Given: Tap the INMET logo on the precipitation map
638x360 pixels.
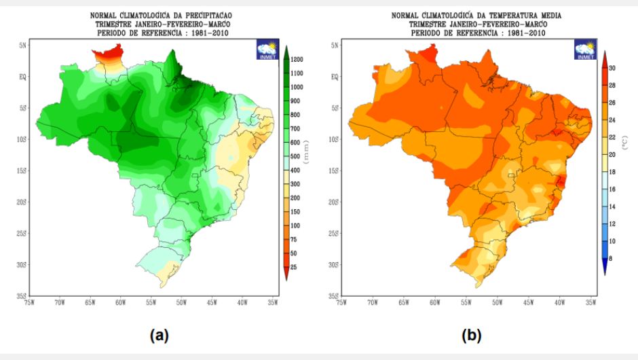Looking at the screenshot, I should click(x=267, y=50).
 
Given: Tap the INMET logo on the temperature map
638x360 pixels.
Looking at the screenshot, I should click(x=586, y=50).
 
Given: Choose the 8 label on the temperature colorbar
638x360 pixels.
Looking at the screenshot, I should click(x=610, y=258).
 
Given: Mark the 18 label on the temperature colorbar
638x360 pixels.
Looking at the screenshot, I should click(x=612, y=172).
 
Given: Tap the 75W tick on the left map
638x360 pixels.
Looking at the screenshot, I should click(x=29, y=303).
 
